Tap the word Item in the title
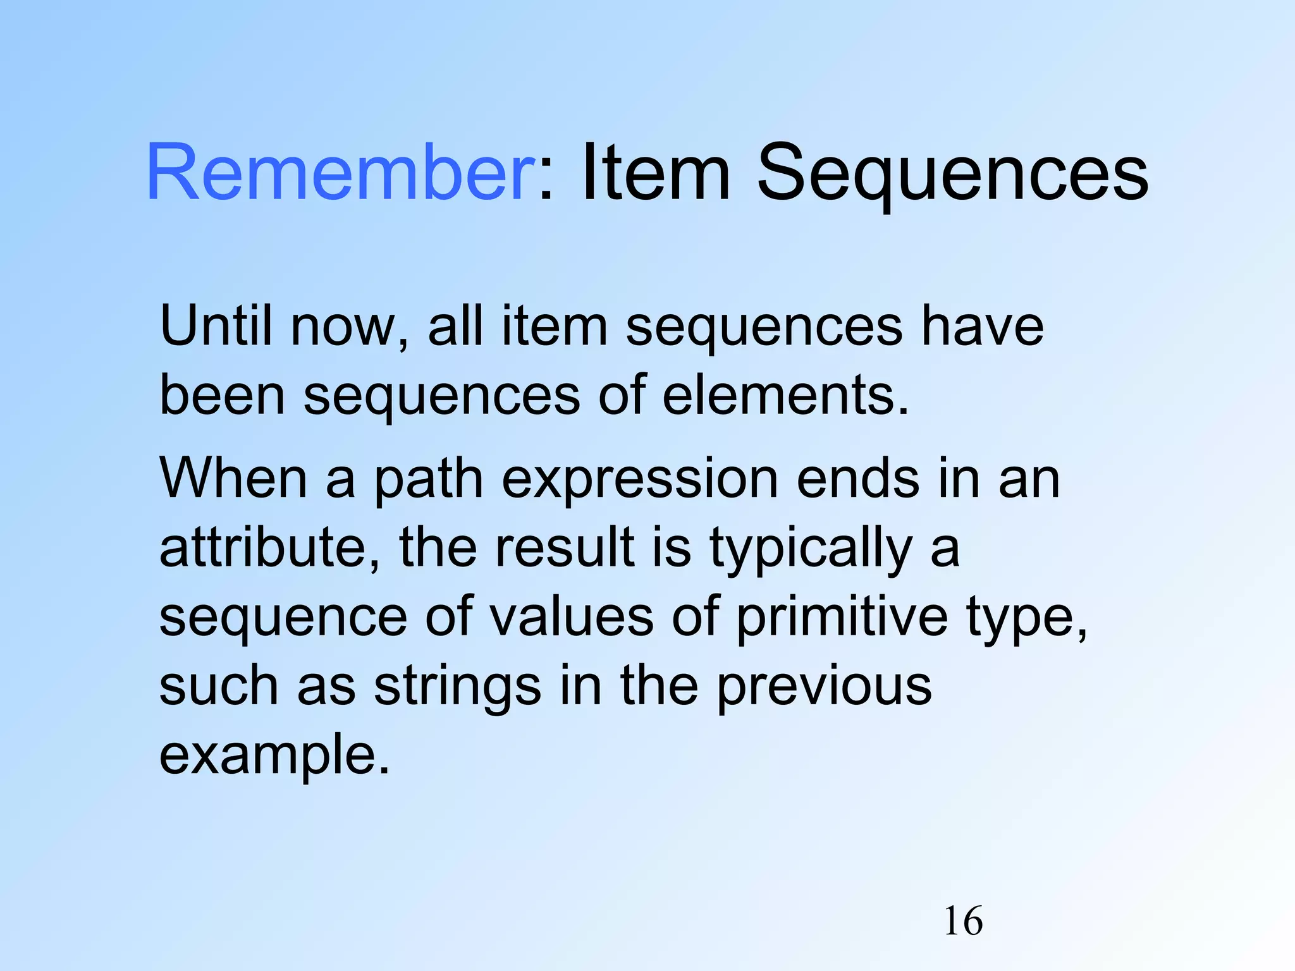655,173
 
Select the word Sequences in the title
952,173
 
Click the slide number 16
963,921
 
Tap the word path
429,479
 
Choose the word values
572,617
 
